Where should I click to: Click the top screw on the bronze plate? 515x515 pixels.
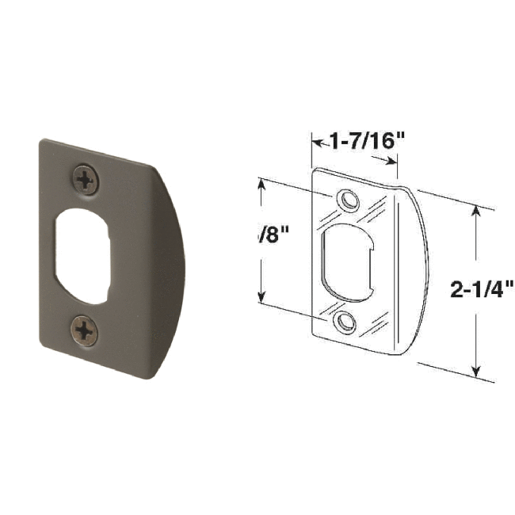86,180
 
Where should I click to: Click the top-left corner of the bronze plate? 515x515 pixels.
41,143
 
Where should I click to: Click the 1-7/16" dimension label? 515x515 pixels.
356,142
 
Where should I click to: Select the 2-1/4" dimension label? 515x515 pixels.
483,289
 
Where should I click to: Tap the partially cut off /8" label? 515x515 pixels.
272,235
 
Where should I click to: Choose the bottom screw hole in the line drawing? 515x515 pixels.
343,321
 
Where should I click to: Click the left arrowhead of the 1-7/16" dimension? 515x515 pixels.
313,143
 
